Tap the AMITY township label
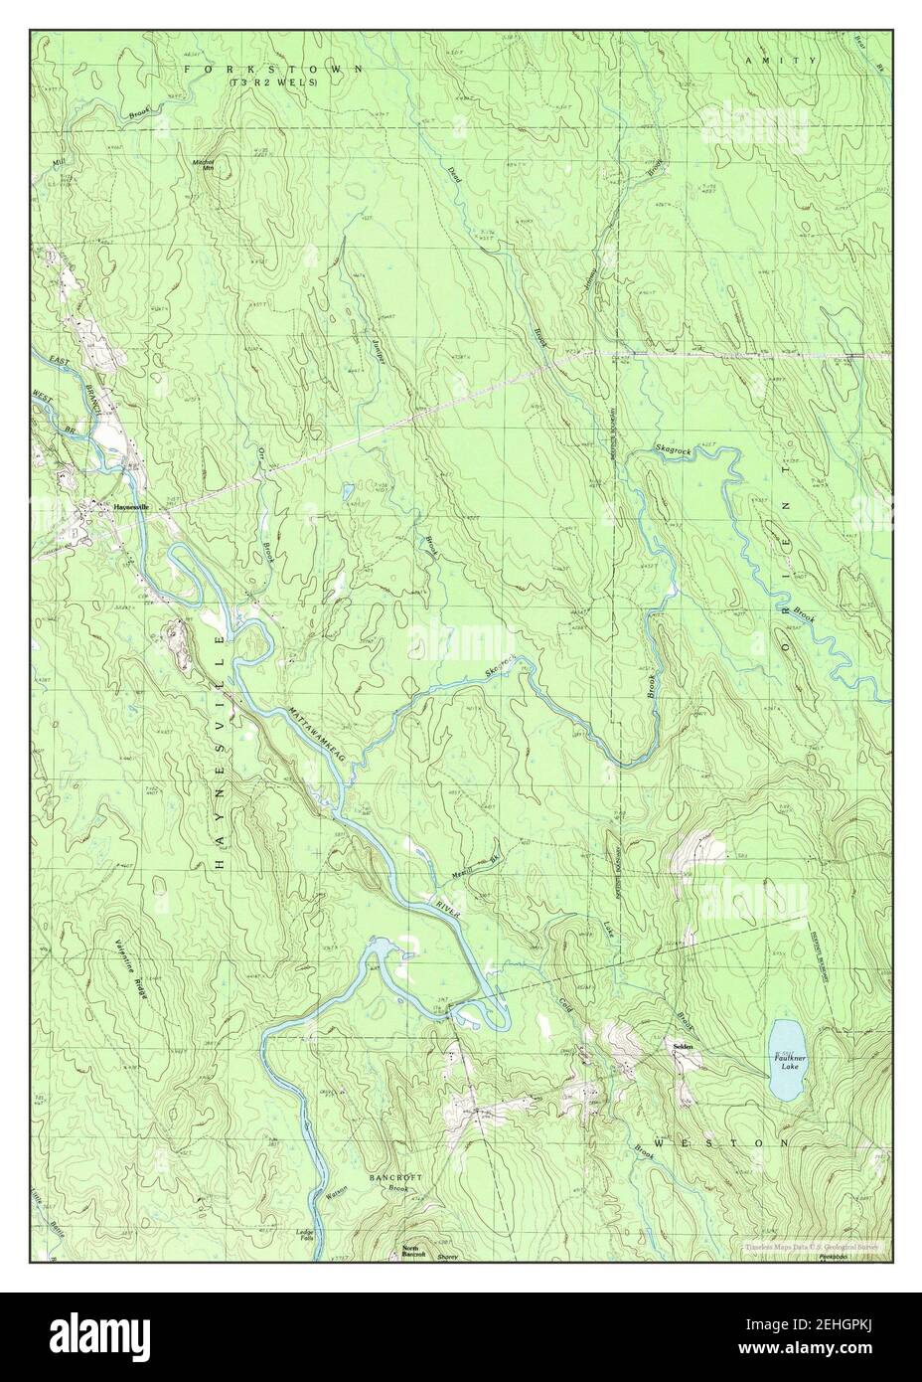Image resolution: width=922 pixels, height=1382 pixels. point(779,61)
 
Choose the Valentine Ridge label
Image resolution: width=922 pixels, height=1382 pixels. point(130,968)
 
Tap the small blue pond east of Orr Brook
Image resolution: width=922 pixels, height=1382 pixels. point(346,491)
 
